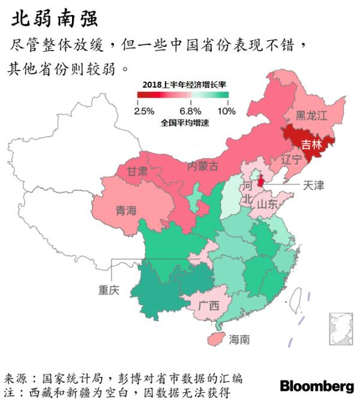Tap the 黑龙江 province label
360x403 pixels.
[x=311, y=116]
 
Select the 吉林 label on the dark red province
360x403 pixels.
[x=311, y=144]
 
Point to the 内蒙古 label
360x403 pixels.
[x=203, y=165]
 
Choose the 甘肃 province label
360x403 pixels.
[x=137, y=171]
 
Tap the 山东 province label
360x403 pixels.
[x=268, y=204]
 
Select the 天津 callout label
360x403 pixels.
[x=313, y=185]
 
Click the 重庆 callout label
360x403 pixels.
[x=109, y=290]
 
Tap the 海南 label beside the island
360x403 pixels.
[x=239, y=339]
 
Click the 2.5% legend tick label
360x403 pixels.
[x=144, y=111]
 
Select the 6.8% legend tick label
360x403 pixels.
[x=190, y=111]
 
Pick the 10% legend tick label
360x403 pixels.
[x=227, y=111]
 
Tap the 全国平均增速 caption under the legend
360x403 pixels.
[x=185, y=123]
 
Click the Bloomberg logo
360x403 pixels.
[x=317, y=385]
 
